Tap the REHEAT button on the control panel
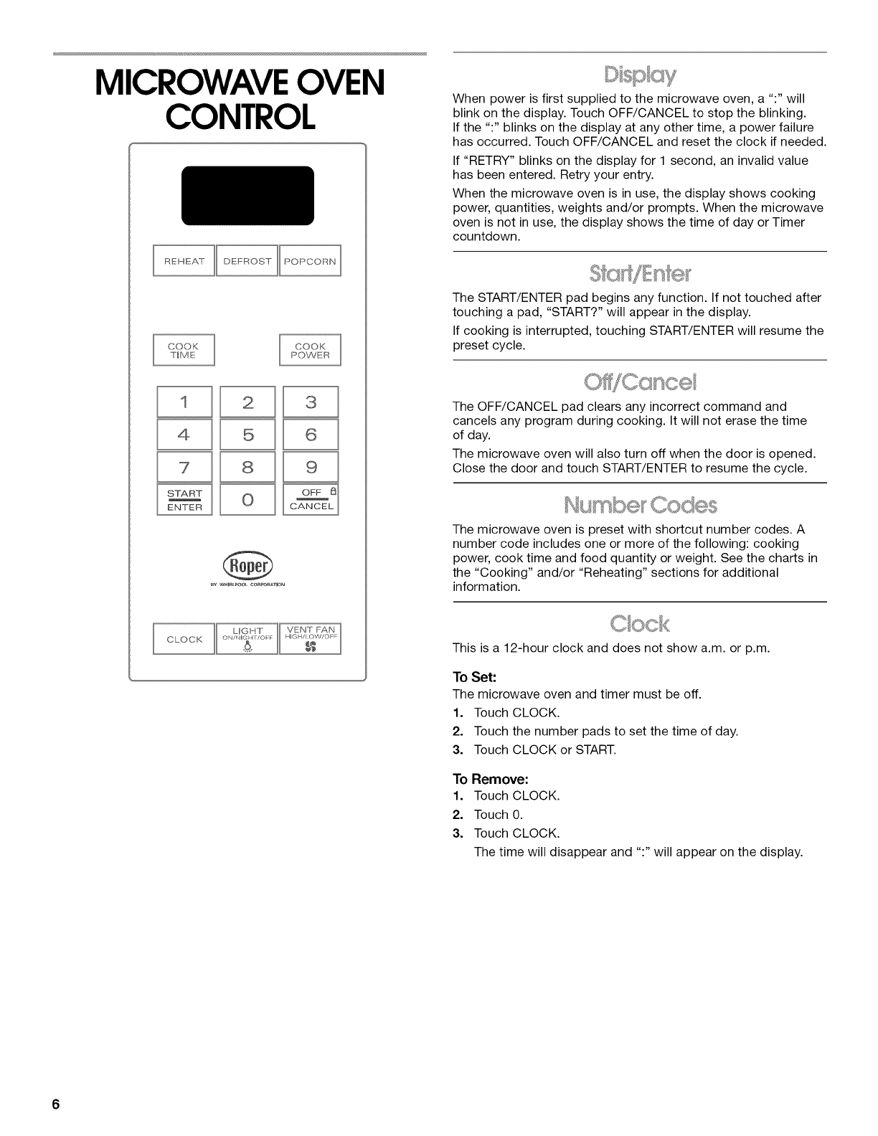(184, 261)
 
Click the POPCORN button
(310, 261)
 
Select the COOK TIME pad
(184, 350)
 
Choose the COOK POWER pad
(310, 350)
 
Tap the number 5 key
(247, 435)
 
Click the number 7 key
(184, 468)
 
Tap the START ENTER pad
(184, 500)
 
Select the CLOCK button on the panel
(184, 639)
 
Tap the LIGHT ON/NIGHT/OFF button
(247, 639)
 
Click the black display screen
(247, 195)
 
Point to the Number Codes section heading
(640, 505)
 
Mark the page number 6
(55, 1104)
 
